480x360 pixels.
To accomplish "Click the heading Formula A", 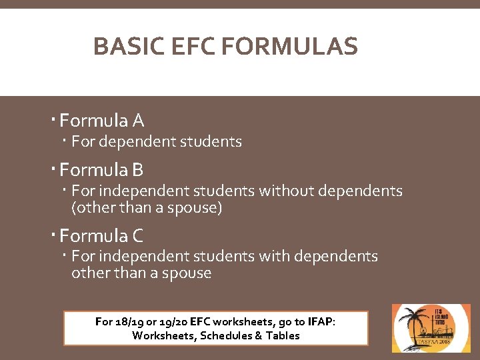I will pyautogui.click(x=101, y=121).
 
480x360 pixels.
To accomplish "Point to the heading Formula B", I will pyautogui.click(x=101, y=170).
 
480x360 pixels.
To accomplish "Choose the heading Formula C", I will pyautogui.click(x=101, y=235).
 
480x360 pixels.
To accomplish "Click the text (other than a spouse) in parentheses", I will pyautogui.click(x=147, y=207).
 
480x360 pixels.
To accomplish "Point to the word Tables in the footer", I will pyautogui.click(x=283, y=335).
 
